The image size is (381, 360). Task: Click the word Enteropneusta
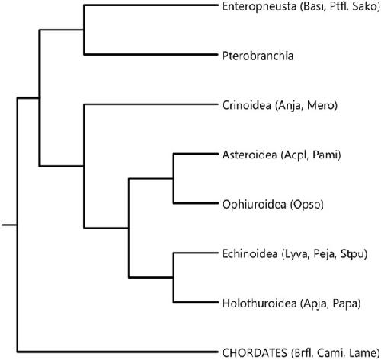[x=259, y=6]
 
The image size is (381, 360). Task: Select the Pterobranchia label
[x=258, y=56]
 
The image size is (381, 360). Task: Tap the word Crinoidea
[x=247, y=105]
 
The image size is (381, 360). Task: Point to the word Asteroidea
[x=249, y=155]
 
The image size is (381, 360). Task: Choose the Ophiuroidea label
[x=255, y=205]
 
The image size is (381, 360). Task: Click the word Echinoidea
[x=250, y=253]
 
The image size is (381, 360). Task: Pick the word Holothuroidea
[x=259, y=303]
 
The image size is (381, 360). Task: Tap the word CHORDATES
[x=255, y=352]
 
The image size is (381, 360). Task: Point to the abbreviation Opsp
[x=307, y=205]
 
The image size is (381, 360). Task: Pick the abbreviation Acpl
[x=295, y=155]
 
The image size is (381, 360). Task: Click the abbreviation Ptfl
[x=338, y=6]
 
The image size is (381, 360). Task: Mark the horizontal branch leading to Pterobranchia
[x=151, y=54]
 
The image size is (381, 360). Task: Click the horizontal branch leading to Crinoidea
[x=151, y=104]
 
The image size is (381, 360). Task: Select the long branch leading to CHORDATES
[x=117, y=352]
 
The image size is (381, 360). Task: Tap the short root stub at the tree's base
[x=9, y=225]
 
